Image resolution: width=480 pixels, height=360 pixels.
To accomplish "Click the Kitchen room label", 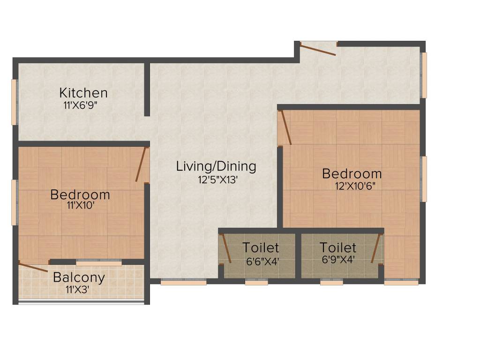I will pyautogui.click(x=83, y=93).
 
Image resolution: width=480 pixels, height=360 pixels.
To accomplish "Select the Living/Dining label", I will pyautogui.click(x=216, y=166).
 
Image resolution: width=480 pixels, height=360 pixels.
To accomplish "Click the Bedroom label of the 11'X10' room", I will pyautogui.click(x=80, y=194).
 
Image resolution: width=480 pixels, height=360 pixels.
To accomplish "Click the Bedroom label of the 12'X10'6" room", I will pyautogui.click(x=352, y=173).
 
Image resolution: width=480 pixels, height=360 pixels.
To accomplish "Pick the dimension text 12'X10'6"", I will pyautogui.click(x=355, y=185).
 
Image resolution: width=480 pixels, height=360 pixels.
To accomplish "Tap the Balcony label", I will pyautogui.click(x=79, y=277).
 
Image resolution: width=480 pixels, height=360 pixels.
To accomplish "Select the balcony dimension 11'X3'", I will pyautogui.click(x=77, y=290).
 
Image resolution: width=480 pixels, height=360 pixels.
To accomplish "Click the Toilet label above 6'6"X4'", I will pyautogui.click(x=261, y=247).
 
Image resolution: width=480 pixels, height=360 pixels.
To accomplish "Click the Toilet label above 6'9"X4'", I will pyautogui.click(x=337, y=247).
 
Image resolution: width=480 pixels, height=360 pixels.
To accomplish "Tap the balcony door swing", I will pyautogui.click(x=33, y=267).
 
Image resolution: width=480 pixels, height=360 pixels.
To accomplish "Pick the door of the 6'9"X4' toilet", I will pyautogui.click(x=375, y=248).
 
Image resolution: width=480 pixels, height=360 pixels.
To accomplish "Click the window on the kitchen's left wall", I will pyautogui.click(x=15, y=102).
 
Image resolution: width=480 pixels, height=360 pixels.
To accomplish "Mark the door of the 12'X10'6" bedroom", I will pyautogui.click(x=285, y=127).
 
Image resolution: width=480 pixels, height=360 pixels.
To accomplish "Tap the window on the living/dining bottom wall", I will pyautogui.click(x=183, y=282).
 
